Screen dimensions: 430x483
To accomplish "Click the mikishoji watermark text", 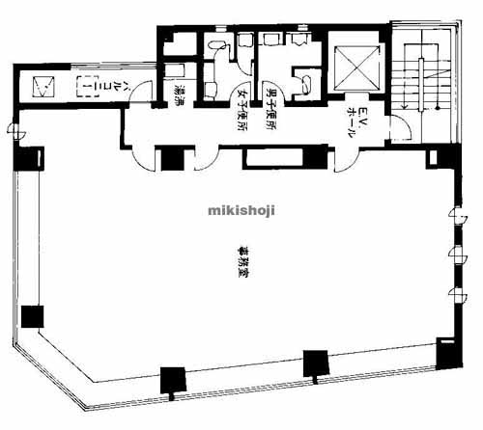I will [x=241, y=209].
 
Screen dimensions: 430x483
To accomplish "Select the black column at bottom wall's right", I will [x=313, y=363].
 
